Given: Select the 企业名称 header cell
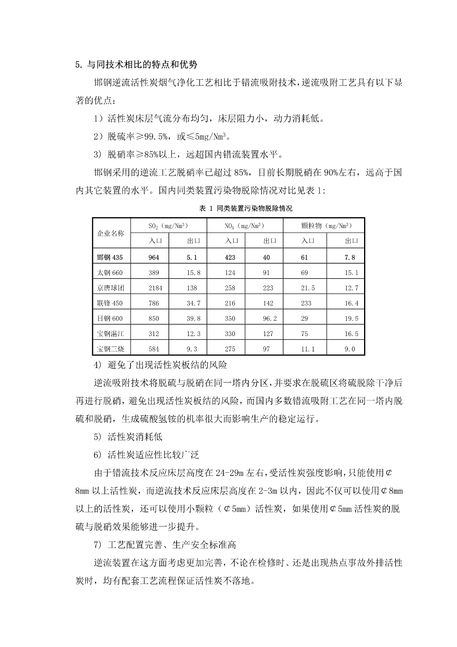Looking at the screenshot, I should (111, 233).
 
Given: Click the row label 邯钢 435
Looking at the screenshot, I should (110, 258).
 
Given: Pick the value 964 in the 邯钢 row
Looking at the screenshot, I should (154, 258).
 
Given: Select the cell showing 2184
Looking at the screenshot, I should (154, 288).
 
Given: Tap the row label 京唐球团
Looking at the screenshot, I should (110, 288).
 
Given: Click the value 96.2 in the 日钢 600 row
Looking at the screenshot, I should (270, 319).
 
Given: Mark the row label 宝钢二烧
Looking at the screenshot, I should (110, 349).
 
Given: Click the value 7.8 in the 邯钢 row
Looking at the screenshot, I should (350, 258).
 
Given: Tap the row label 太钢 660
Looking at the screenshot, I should (110, 273).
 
